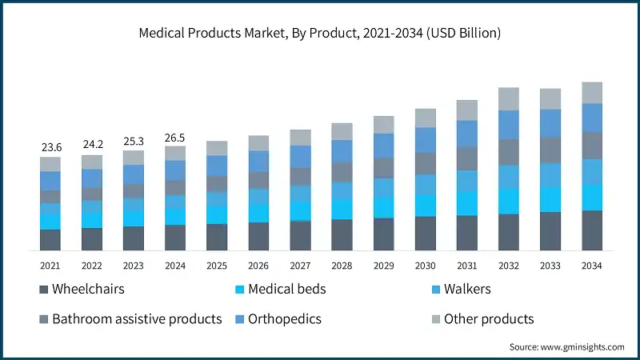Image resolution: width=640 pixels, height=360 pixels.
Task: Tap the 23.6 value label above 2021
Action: [50, 147]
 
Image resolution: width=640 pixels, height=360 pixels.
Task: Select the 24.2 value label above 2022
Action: [92, 145]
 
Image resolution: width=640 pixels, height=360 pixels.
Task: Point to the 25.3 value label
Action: [134, 141]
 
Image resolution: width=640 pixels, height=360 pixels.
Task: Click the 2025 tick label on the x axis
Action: [217, 265]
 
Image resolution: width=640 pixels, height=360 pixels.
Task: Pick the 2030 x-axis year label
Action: [425, 265]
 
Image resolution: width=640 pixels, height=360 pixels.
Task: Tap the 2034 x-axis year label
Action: [591, 265]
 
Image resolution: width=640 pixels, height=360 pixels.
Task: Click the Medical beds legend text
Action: [286, 289]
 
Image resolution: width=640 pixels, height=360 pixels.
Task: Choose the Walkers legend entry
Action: [464, 289]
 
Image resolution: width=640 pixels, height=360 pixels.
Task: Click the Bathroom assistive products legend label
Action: [136, 319]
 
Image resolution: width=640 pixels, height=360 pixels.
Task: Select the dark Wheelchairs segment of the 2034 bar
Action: [591, 230]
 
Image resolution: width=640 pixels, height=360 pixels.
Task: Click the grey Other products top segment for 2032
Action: [508, 99]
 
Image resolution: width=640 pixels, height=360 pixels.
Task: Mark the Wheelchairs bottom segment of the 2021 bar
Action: [50, 240]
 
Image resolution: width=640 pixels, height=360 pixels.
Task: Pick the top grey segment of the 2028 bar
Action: [342, 132]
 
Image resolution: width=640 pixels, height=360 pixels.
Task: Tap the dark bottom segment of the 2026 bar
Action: [258, 237]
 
